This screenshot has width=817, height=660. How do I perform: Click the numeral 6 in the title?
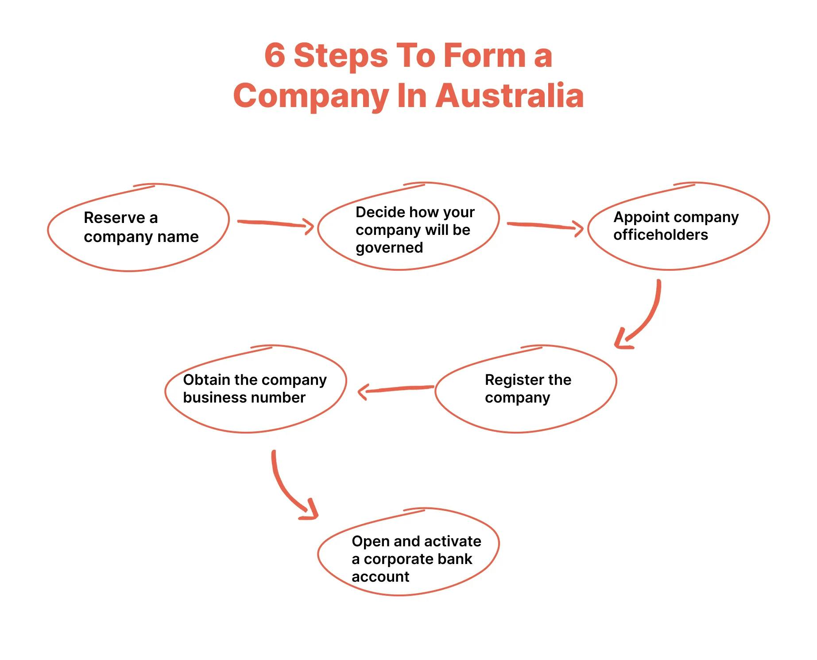coord(275,56)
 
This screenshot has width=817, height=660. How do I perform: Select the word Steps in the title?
coord(341,56)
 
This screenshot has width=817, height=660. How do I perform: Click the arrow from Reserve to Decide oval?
coord(275,223)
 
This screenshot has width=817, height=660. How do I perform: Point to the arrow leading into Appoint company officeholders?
coord(544,226)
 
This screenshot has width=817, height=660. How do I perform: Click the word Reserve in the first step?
coord(114,218)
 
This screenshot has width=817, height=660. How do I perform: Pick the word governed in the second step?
coord(389,248)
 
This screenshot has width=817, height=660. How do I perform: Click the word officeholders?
coord(660,234)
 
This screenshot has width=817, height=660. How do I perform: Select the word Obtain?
coord(206,380)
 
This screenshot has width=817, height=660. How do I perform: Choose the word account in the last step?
coord(380,576)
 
